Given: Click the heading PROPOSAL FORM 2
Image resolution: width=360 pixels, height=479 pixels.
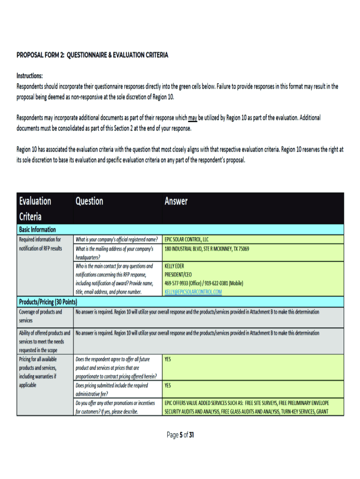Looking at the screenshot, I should point(92,55).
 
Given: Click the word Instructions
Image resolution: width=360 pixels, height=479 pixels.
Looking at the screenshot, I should point(30,76).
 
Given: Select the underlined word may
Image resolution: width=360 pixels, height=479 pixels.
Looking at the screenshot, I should point(193,118).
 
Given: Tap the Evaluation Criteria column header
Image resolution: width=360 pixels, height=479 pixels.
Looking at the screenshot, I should point(35,209).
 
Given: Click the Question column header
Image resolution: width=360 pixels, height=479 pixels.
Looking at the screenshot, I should point(89,201).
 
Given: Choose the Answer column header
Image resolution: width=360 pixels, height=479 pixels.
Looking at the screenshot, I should point(176,201).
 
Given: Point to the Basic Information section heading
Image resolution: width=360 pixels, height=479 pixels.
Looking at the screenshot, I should point(37,230).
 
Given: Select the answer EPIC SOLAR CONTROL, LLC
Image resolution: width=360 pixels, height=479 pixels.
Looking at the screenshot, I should point(187,239).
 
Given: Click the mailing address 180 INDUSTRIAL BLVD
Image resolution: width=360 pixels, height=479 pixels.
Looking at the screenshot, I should point(207,249).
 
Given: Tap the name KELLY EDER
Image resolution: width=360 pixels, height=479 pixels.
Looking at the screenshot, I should point(174,266).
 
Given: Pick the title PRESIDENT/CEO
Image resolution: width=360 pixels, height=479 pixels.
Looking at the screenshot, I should point(178,275).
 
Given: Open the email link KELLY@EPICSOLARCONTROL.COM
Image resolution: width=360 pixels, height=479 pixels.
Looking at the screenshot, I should point(193,292).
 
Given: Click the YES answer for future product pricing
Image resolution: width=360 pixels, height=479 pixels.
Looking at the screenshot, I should point(168,360).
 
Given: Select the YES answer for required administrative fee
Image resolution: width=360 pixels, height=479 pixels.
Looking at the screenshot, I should point(168,386).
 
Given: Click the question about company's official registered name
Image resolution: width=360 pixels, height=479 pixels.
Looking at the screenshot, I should point(116,239).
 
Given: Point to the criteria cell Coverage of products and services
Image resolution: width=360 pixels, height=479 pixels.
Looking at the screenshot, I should point(40,316).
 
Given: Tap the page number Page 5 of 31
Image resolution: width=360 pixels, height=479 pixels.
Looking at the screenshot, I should point(180,435).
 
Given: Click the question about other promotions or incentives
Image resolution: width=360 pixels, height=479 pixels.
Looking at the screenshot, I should point(115,407).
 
